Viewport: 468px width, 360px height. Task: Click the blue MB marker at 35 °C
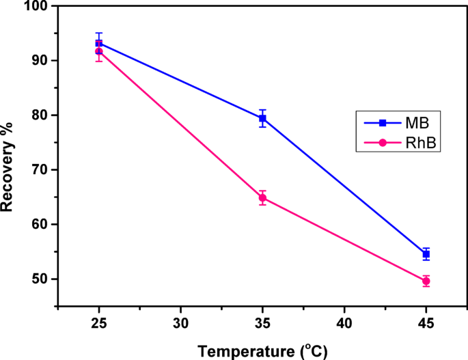(262, 118)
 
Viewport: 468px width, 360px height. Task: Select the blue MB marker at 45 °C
(426, 254)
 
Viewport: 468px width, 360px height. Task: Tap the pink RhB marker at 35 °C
(262, 198)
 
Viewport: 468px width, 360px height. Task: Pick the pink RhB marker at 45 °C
(426, 281)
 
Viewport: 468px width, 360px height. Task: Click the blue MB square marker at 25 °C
(99, 43)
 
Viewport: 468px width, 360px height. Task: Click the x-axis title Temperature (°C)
(262, 350)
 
